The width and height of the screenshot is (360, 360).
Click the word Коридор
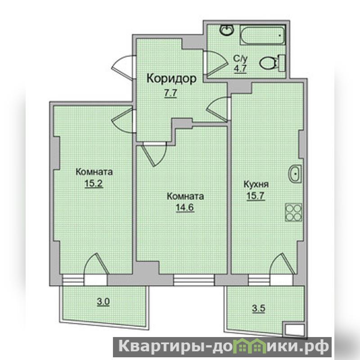click(x=171, y=78)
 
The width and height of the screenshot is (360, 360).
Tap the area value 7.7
click(x=171, y=93)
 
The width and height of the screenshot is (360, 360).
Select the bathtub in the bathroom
click(x=263, y=35)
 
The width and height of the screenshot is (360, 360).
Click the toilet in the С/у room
click(x=273, y=63)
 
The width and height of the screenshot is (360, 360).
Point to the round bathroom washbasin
click(x=227, y=30)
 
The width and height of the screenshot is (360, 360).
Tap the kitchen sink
click(x=295, y=174)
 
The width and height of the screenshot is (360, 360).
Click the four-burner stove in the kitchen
click(x=293, y=212)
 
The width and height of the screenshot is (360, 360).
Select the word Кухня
click(x=256, y=184)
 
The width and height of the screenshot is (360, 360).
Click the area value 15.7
click(x=256, y=196)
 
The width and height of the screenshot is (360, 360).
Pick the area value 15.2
click(x=94, y=184)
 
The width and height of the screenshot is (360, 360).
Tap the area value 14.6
click(x=185, y=207)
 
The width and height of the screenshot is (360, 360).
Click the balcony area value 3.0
click(x=103, y=301)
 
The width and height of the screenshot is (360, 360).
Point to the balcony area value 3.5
click(x=259, y=308)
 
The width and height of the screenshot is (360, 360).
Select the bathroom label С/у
click(x=240, y=59)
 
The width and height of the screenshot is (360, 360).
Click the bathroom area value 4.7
click(x=240, y=69)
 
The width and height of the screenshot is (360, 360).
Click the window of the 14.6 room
click(x=194, y=279)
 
